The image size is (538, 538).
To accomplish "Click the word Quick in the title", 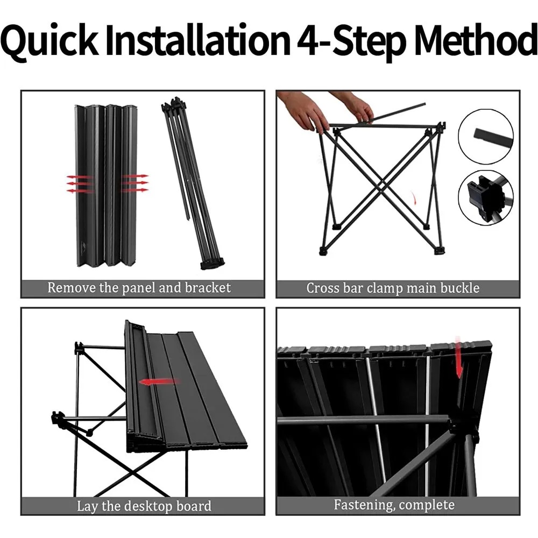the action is point(49,40).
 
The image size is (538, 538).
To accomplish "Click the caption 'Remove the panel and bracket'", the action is point(139,288).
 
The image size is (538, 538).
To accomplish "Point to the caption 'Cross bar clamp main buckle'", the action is point(393,288).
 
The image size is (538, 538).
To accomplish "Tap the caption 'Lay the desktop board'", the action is point(144,506).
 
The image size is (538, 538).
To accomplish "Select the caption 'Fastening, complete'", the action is point(394,505).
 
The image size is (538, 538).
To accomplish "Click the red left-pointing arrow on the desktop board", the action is point(159,382).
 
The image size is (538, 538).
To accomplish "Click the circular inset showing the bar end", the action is point(486,137).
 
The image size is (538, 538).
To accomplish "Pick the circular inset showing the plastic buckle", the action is point(486,197).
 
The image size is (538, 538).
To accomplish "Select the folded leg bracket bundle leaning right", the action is point(192,183).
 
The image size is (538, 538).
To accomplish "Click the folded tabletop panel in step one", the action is point(105,186).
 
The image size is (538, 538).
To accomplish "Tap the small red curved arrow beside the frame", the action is point(414,198).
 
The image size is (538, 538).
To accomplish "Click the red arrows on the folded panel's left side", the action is point(80,184).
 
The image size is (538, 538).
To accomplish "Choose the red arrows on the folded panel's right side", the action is point(136,183).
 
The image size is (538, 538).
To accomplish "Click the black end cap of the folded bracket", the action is point(213,264).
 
